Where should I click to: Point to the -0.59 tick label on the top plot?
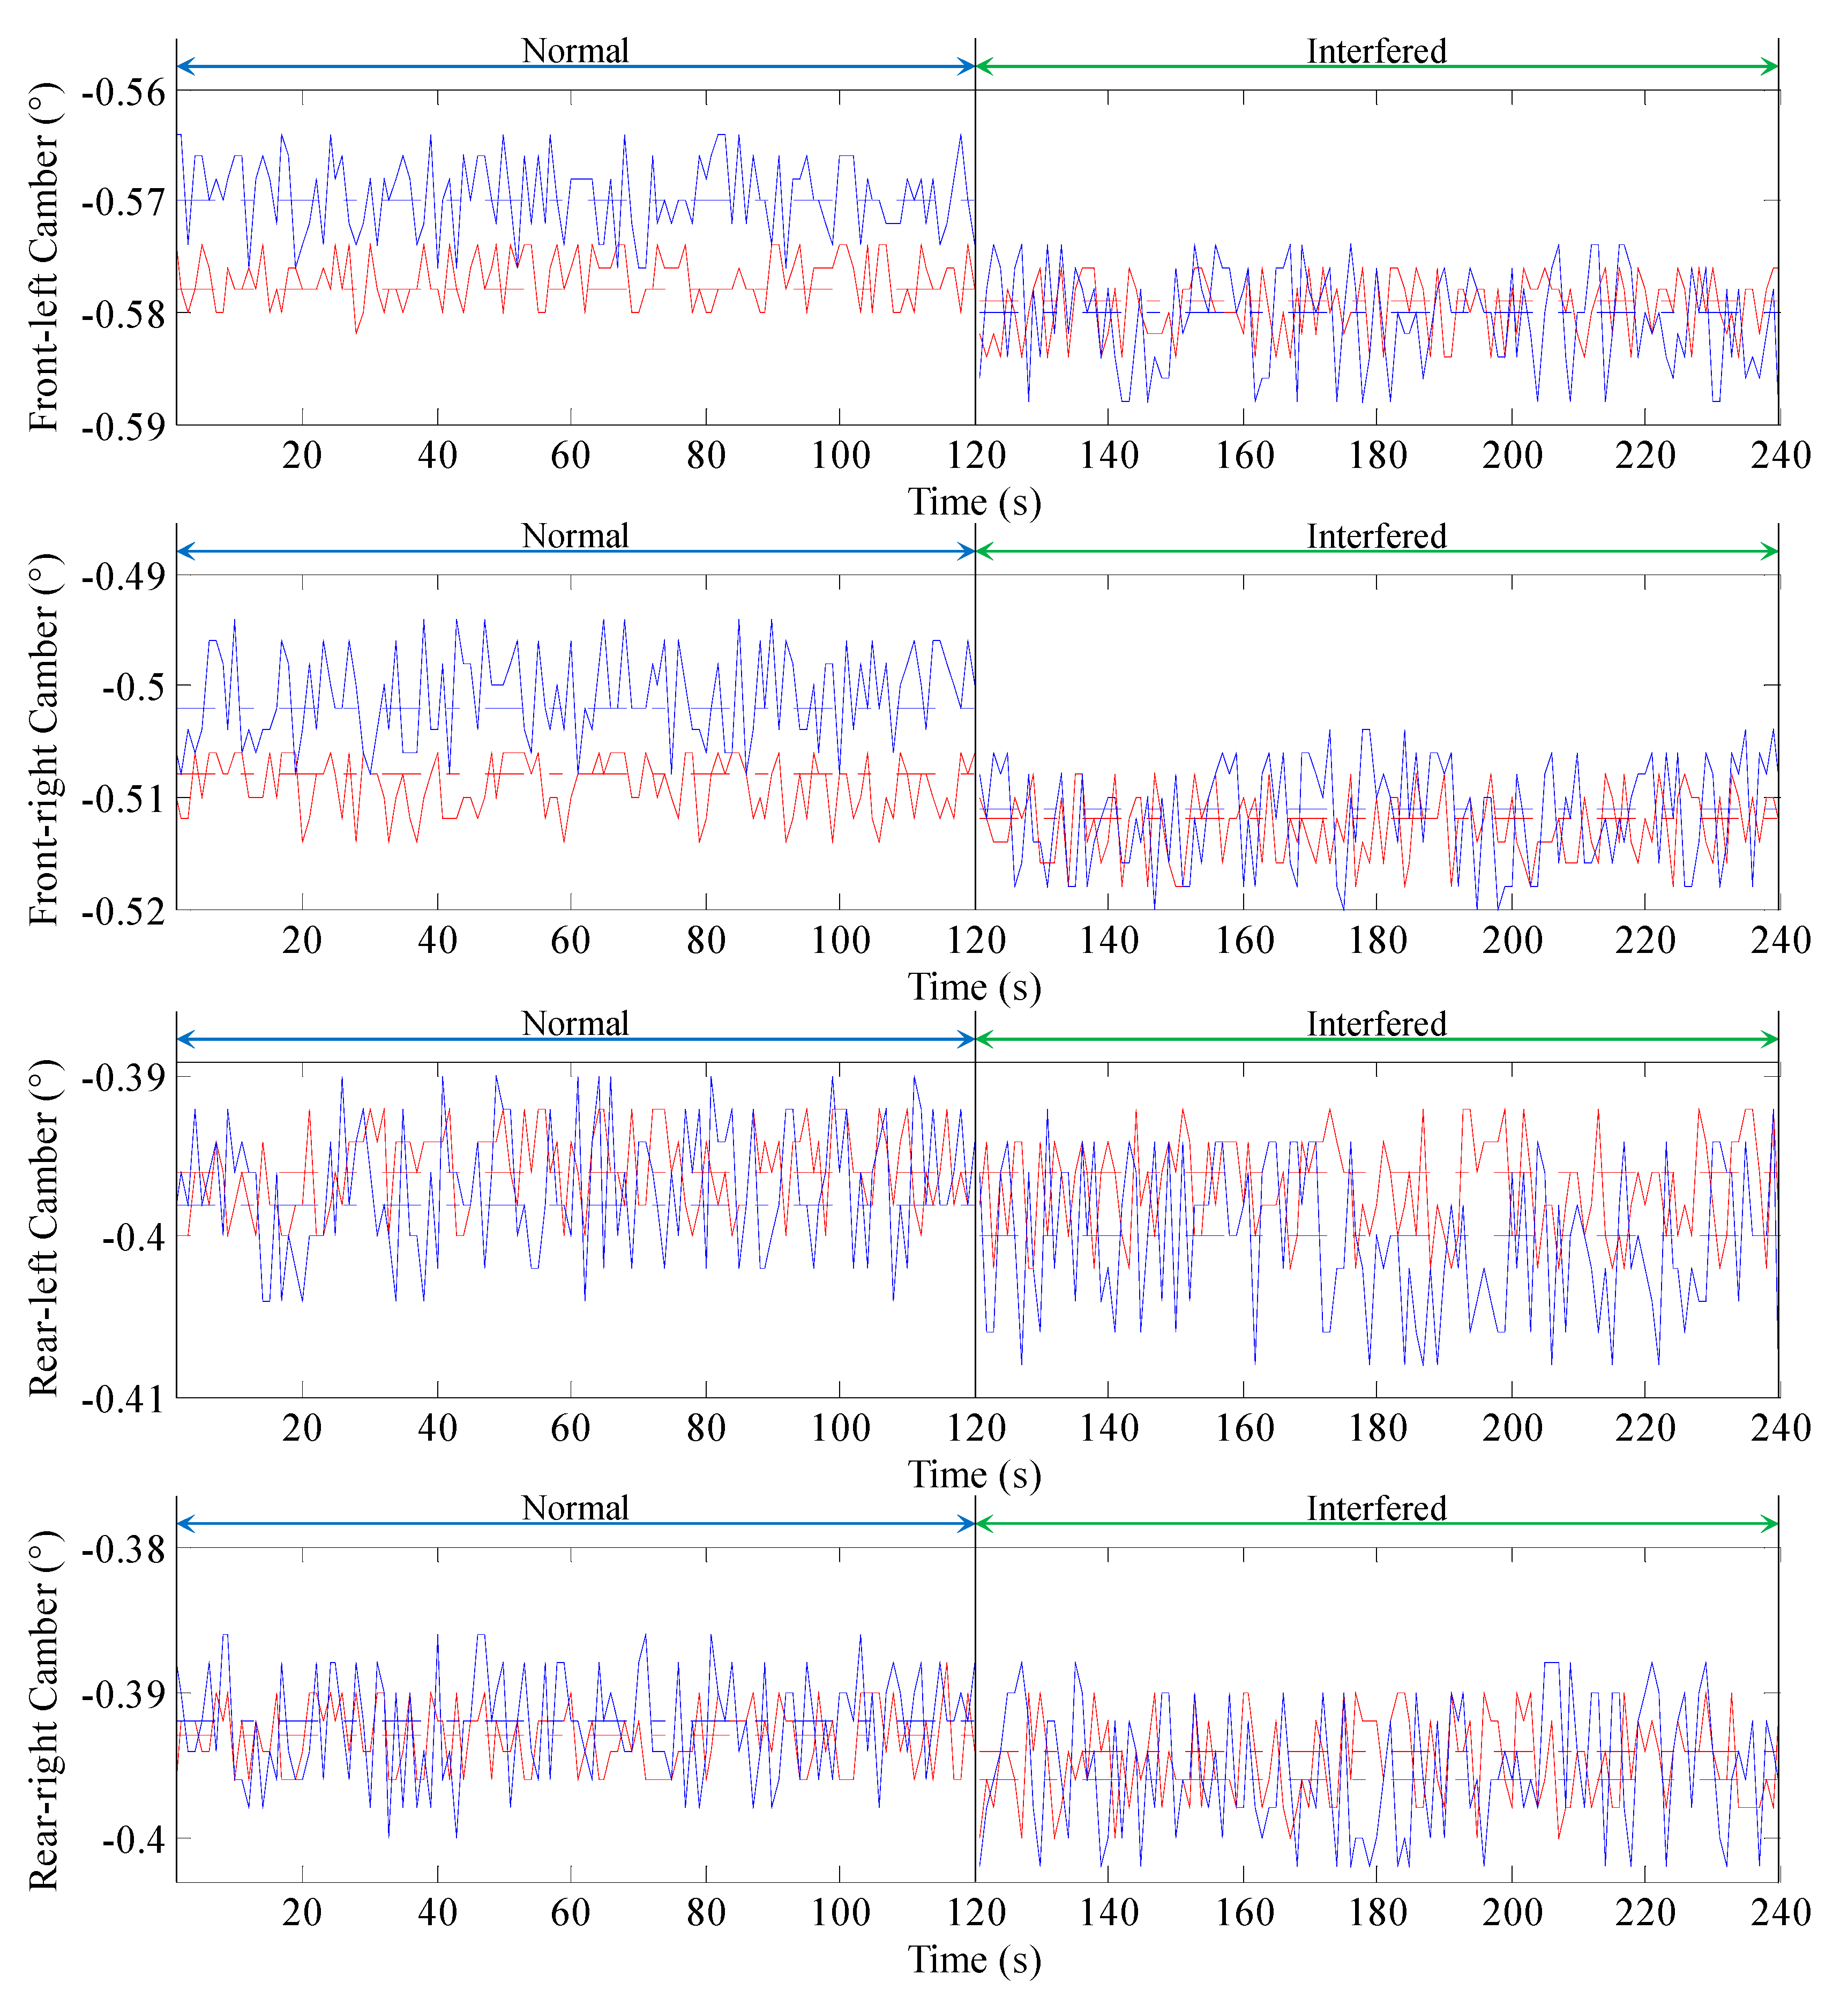click(x=124, y=427)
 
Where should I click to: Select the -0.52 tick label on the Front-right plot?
click(x=124, y=911)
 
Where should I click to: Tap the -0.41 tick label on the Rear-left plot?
click(x=124, y=1399)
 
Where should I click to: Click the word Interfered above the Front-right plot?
click(x=1376, y=536)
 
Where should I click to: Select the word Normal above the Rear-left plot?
click(x=575, y=1024)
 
